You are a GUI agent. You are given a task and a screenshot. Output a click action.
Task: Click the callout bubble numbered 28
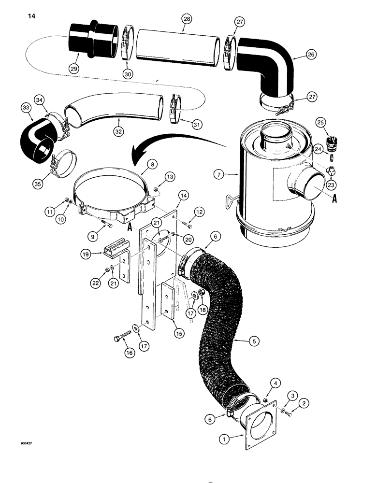pyautogui.click(x=187, y=19)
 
